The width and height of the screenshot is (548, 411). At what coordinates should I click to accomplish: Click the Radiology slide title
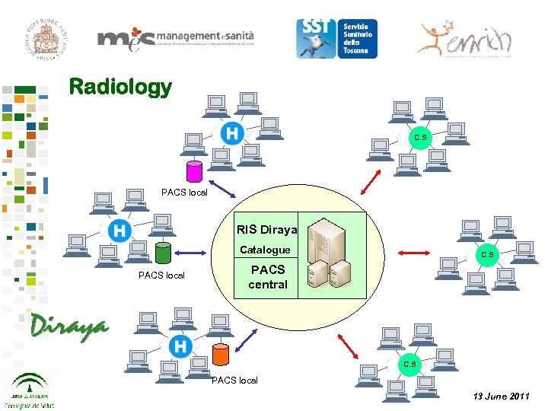click(120, 87)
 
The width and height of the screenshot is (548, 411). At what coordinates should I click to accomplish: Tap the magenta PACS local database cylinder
click(195, 171)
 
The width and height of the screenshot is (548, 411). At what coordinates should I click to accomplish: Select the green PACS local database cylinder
click(161, 252)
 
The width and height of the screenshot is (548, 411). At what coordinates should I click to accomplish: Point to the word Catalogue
click(265, 250)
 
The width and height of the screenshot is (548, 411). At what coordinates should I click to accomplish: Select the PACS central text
click(268, 277)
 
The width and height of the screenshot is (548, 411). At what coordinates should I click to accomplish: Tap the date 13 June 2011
click(501, 397)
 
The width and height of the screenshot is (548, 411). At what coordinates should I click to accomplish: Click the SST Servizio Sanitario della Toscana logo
click(336, 38)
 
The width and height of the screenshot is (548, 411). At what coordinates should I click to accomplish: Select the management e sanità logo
click(176, 40)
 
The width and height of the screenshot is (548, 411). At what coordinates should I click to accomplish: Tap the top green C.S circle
click(420, 138)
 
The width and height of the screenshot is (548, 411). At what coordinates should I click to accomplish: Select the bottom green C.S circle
click(409, 364)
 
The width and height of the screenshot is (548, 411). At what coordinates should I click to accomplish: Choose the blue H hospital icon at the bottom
click(180, 346)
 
